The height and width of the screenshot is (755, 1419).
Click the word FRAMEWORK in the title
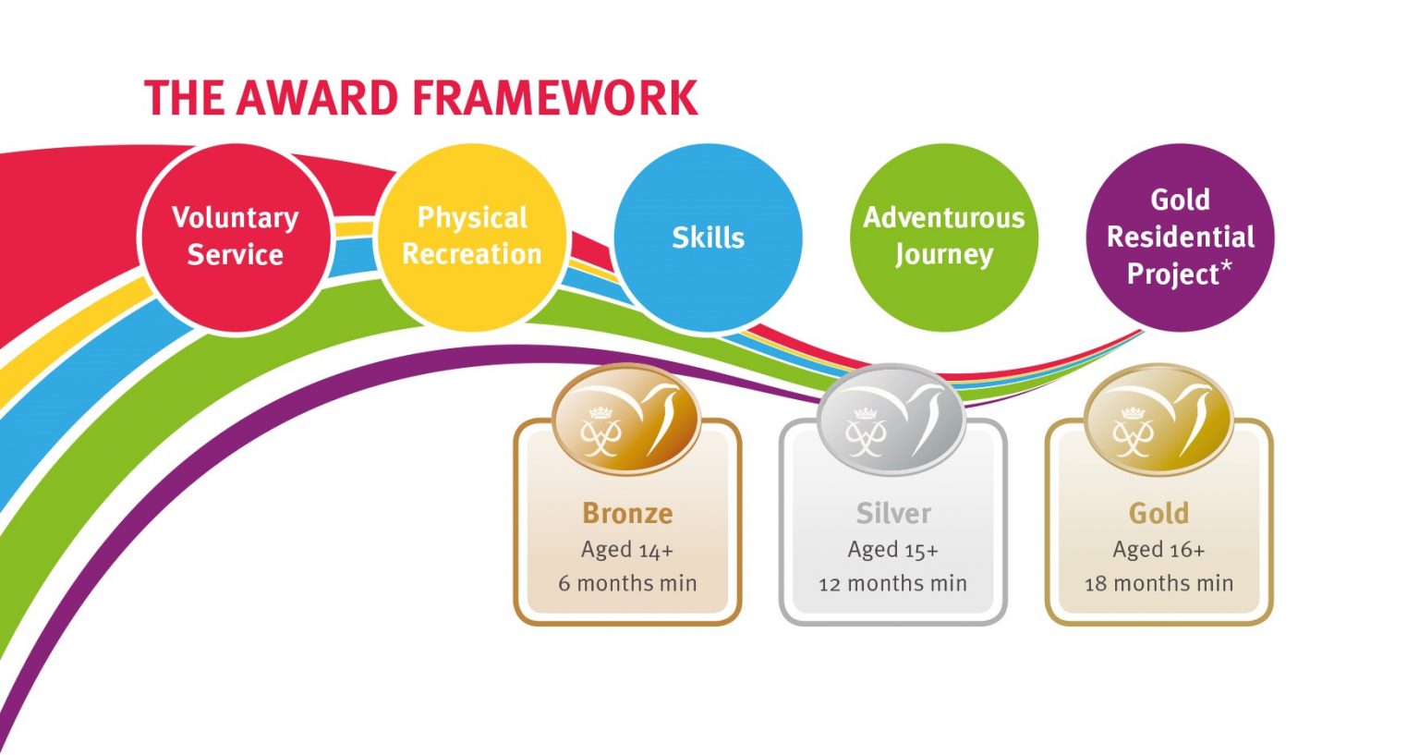555,98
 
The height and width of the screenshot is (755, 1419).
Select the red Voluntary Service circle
235,237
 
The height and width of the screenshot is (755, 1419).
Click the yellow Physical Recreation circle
472,237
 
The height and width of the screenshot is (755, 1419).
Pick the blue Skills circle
709,237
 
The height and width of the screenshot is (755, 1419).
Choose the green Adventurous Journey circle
944,237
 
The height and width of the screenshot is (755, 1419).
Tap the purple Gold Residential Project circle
1180,237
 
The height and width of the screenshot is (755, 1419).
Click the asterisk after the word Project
1226,266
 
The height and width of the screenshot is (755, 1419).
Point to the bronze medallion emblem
626,419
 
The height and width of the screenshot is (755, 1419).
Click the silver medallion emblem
891,419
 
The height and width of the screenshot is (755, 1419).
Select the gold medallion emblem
1158,419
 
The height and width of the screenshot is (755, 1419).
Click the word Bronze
627,514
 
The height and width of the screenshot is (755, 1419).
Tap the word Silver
893,514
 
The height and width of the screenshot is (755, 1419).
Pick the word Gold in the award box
1158,514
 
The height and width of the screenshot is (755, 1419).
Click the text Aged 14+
627,550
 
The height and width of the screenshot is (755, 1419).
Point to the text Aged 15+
892,550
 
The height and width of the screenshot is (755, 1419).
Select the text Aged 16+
1158,550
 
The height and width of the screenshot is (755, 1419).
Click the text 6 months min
627,583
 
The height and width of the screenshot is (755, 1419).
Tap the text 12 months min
892,583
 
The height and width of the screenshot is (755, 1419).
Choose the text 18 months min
1158,583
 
